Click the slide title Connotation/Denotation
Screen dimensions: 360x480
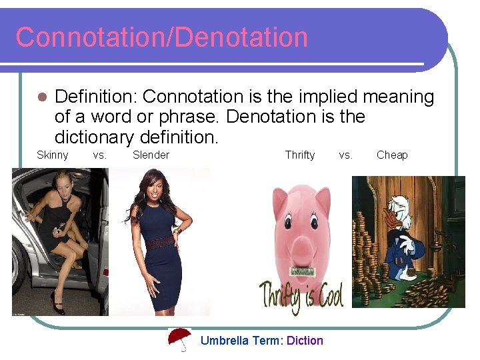click(161, 37)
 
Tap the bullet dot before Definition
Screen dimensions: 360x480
click(41, 97)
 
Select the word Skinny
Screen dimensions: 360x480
click(52, 155)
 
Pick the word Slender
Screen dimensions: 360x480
click(151, 155)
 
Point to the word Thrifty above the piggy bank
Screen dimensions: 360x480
click(299, 155)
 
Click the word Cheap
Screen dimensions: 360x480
click(392, 155)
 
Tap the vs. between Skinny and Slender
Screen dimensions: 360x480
click(99, 155)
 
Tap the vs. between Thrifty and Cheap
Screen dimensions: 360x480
click(345, 155)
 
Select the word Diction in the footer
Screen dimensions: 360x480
click(305, 341)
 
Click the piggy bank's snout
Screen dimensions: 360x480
click(301, 251)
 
